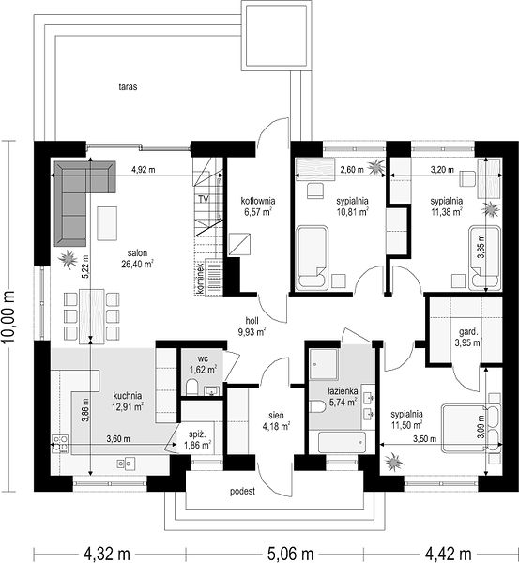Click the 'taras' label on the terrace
click(x=128, y=87)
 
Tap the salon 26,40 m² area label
click(x=137, y=259)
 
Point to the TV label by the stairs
click(x=204, y=199)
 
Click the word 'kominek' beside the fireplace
click(x=200, y=279)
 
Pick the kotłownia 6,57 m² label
click(x=258, y=206)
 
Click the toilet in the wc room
click(x=192, y=387)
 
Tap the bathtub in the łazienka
click(x=342, y=442)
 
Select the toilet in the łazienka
click(x=317, y=405)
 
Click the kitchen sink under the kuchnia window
click(x=126, y=464)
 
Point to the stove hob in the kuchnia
click(x=60, y=444)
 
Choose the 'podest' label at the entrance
click(x=242, y=491)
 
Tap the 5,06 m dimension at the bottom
click(x=290, y=554)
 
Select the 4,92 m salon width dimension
click(x=143, y=170)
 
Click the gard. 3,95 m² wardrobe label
click(x=468, y=337)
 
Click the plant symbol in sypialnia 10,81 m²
click(x=376, y=166)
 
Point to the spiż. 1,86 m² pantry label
click(x=197, y=440)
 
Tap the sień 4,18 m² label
click(x=276, y=420)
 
